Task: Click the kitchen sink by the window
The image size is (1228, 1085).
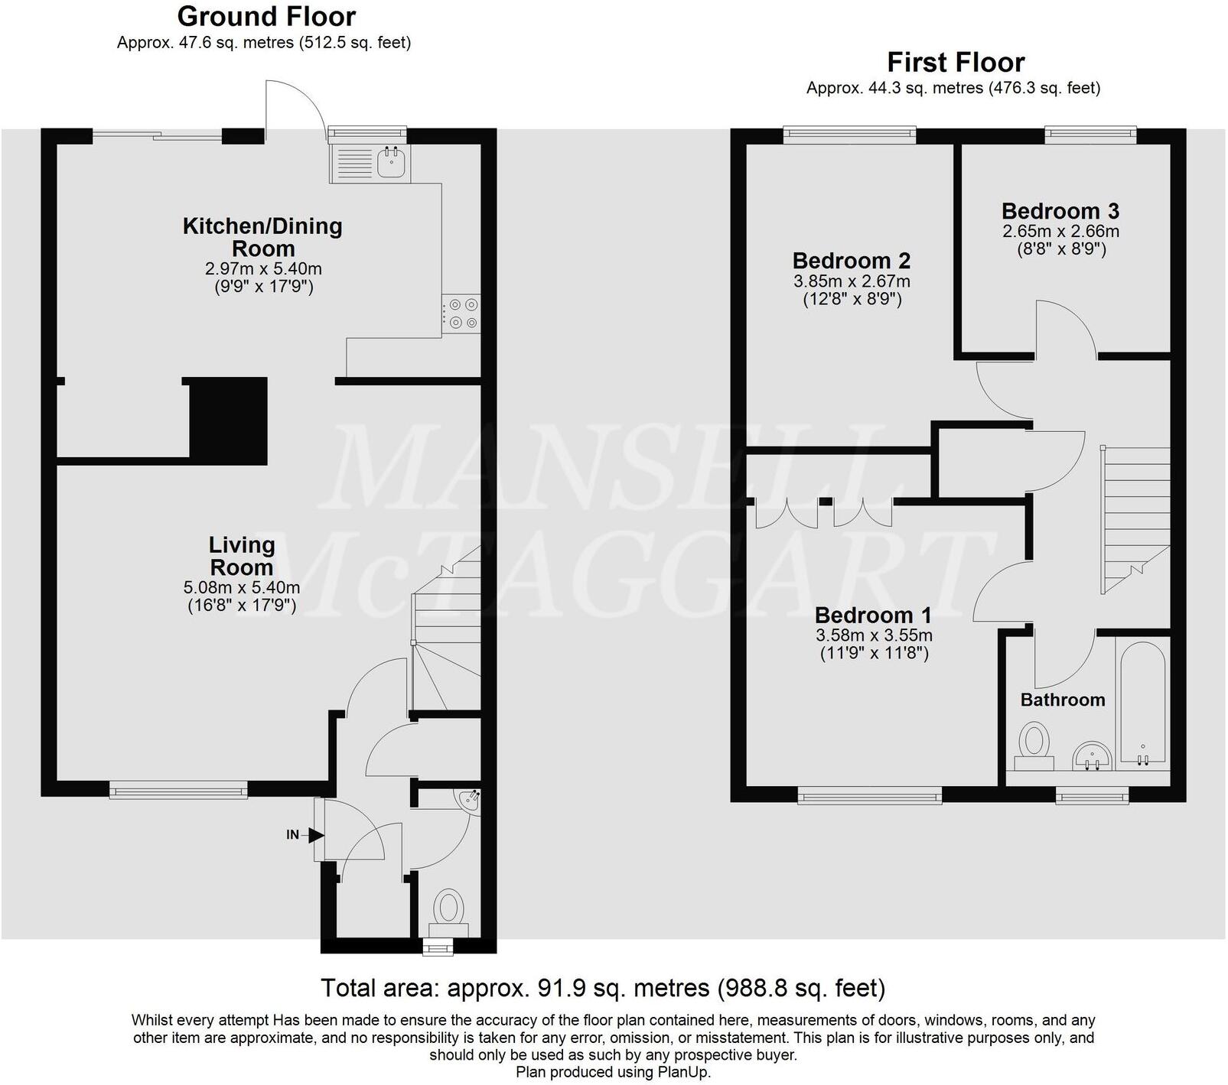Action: pos(392,162)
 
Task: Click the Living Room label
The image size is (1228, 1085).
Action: pos(242,556)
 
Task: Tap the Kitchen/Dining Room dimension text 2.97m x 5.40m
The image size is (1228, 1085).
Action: pos(263,269)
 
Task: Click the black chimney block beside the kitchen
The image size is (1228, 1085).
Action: pos(228,421)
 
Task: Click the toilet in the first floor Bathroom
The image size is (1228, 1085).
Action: pos(1034,746)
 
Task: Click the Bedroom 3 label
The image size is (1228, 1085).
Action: pos(1060,211)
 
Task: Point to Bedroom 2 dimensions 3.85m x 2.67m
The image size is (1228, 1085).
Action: pos(852,281)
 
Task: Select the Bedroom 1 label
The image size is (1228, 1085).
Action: pos(873,616)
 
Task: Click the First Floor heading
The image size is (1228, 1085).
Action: pos(955,62)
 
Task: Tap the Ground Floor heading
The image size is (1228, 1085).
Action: pos(266,16)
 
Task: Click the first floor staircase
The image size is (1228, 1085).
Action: pos(1135,520)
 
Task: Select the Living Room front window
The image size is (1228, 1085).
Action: pos(178,790)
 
